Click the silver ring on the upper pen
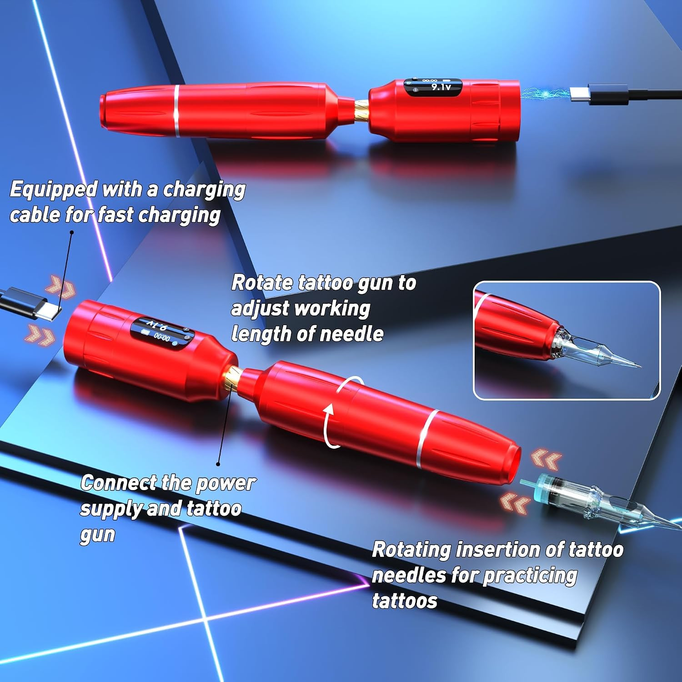point(176,110)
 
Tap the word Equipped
point(54,189)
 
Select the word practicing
point(530,577)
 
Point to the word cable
point(35,215)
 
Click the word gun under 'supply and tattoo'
point(97,536)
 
